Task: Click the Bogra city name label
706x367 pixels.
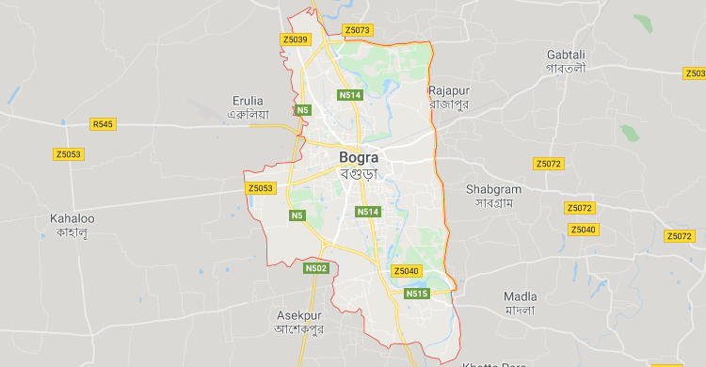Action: [359, 157]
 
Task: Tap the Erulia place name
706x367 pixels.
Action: [249, 100]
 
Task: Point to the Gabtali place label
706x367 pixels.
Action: [565, 55]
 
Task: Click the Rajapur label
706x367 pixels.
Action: [448, 90]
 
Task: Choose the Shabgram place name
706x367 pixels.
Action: [492, 189]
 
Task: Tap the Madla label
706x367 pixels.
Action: [520, 295]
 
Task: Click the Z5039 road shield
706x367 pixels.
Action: [295, 40]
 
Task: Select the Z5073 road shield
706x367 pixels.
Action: [358, 30]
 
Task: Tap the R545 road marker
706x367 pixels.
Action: [103, 124]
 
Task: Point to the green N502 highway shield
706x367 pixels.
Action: [315, 268]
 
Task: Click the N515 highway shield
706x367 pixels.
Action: [417, 295]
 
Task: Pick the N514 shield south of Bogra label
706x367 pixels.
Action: [368, 213]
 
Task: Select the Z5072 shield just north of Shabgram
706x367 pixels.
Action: [548, 164]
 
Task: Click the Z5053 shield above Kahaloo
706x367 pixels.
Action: [68, 153]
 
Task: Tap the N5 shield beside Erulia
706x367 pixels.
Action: [301, 111]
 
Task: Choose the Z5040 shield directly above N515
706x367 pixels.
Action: [406, 271]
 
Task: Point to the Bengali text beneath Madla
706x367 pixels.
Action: [520, 310]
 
